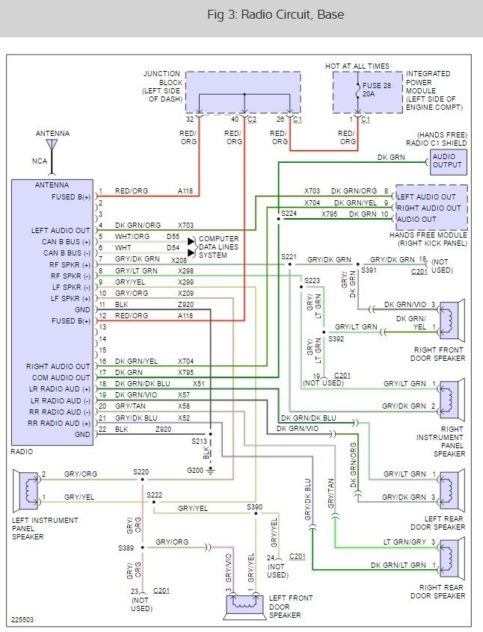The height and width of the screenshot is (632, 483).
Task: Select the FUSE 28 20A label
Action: pos(375,90)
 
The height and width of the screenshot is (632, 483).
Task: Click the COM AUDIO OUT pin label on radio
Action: pos(59,378)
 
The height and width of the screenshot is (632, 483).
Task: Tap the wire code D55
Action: pos(173,237)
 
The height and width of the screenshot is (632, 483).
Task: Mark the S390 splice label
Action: pos(255,506)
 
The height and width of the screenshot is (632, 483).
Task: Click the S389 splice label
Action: pos(126,548)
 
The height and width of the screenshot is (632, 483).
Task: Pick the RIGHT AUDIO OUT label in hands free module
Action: pos(429,208)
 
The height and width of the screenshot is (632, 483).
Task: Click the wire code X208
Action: pos(178,260)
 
